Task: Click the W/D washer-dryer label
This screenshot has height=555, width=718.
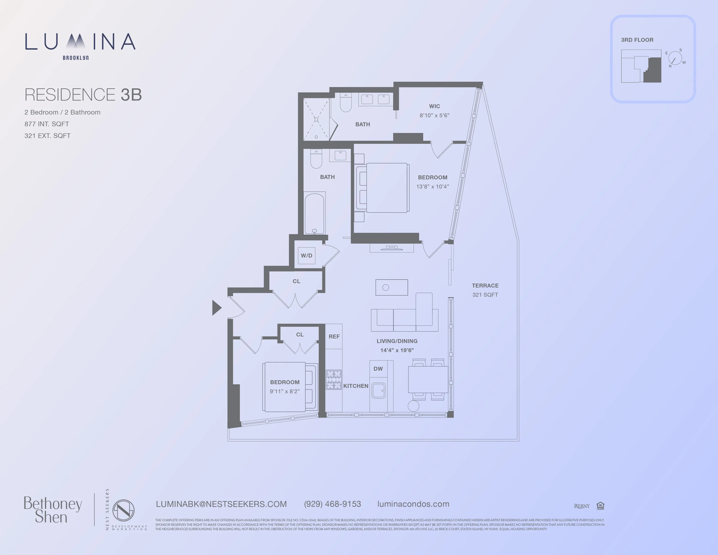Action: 306,256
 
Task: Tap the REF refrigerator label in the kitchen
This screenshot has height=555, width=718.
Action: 334,336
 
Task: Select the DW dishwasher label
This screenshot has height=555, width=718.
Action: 378,368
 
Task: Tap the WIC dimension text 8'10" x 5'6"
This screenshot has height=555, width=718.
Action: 434,115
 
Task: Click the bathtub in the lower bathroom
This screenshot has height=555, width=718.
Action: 315,213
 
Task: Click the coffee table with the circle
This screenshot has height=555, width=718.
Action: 392,287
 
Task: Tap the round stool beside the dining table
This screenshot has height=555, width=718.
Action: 413,406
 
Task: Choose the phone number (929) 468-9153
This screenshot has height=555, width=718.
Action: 332,504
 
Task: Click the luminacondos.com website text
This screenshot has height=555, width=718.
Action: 413,504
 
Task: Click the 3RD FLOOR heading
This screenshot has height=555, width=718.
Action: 637,40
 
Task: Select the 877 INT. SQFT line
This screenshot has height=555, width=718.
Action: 47,124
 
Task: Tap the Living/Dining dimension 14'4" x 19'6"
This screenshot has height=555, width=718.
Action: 397,350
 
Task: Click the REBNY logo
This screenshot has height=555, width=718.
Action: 582,506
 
